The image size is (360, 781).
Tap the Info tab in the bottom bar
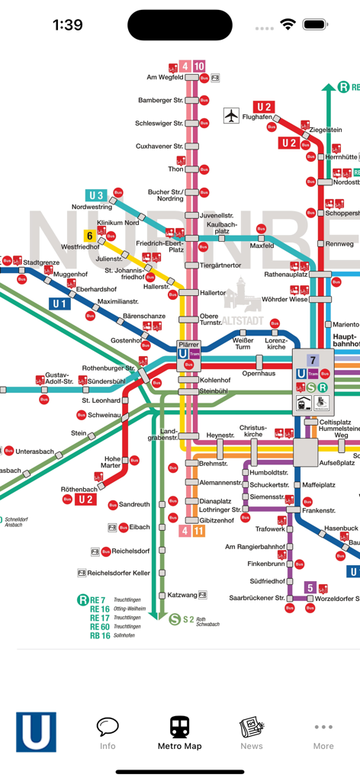pyautogui.click(x=108, y=733)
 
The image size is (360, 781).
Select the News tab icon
pyautogui.click(x=251, y=733)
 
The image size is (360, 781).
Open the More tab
pyautogui.click(x=323, y=733)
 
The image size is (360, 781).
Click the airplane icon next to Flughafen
pyautogui.click(x=231, y=115)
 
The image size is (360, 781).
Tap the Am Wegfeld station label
pyautogui.click(x=165, y=77)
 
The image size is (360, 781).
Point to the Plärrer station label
pyautogui.click(x=188, y=345)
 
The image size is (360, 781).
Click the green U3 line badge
pyautogui.click(x=96, y=195)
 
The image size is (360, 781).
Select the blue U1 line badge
pyautogui.click(x=60, y=304)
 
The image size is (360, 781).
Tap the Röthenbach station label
pyautogui.click(x=79, y=489)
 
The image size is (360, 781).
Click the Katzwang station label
pyautogui.click(x=182, y=594)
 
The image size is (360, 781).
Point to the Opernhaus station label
pyautogui.click(x=259, y=373)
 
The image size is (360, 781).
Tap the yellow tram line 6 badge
pyautogui.click(x=89, y=236)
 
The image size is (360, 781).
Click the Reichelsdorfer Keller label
pyautogui.click(x=118, y=573)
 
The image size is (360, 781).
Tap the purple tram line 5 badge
pyautogui.click(x=310, y=587)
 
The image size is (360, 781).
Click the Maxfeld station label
pyautogui.click(x=262, y=246)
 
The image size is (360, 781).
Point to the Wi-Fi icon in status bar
pyautogui.click(x=288, y=24)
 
